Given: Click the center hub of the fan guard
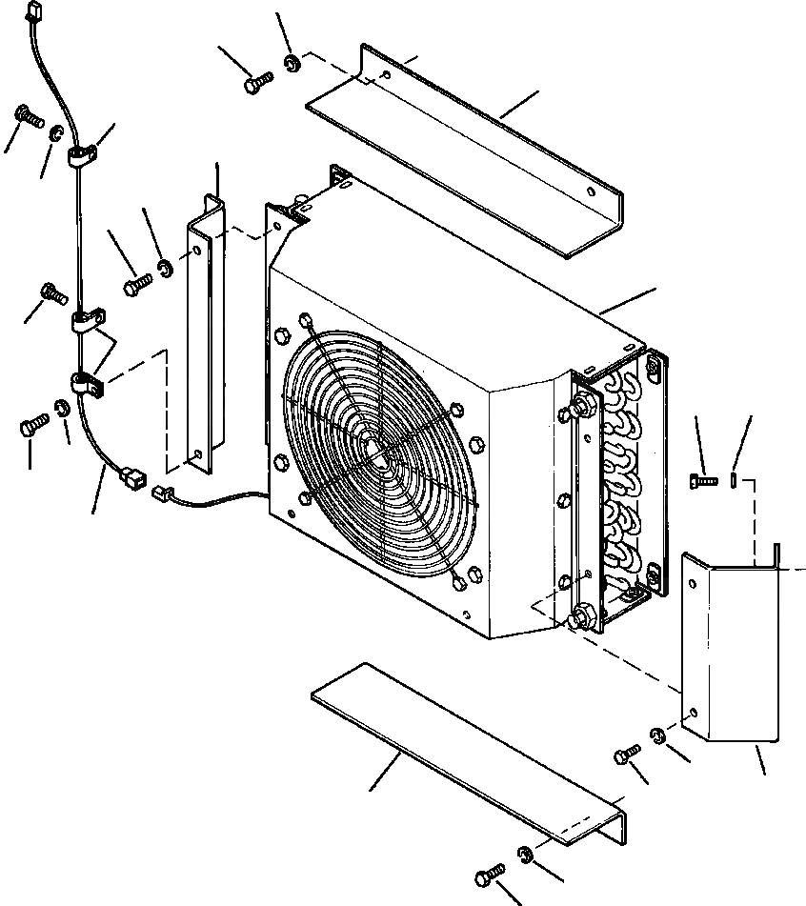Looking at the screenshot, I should [379, 447].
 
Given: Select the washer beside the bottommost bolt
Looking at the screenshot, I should [525, 852].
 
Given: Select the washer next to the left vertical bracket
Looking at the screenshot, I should [166, 268].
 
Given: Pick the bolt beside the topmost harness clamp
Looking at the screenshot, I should [29, 119].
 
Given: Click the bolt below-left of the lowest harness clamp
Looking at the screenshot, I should [32, 426].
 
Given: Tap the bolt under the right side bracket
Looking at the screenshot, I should [625, 755].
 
